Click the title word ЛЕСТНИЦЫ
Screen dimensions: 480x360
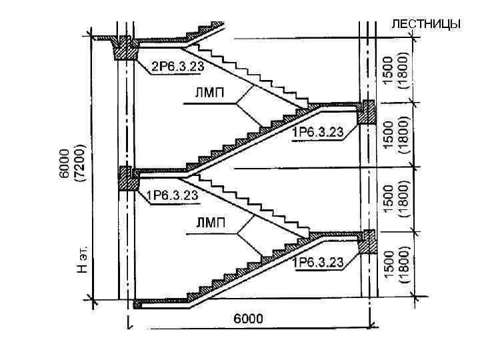click(x=425, y=25)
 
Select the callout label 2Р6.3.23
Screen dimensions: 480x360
click(x=178, y=67)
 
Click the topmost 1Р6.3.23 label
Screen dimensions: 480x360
click(x=318, y=132)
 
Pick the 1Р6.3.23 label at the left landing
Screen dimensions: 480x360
click(x=172, y=195)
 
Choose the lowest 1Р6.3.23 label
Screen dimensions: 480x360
click(x=318, y=262)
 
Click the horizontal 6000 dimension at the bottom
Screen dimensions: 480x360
click(x=247, y=319)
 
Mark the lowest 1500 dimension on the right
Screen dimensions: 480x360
click(x=391, y=265)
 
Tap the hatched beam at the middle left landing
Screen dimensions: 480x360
click(x=125, y=178)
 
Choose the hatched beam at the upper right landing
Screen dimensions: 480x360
click(x=366, y=112)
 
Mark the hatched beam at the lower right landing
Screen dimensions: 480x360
click(x=366, y=241)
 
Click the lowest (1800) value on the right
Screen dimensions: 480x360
click(x=404, y=265)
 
